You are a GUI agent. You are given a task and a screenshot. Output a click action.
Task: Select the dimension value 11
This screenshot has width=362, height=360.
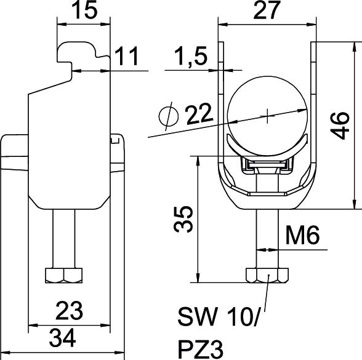tap(127, 56)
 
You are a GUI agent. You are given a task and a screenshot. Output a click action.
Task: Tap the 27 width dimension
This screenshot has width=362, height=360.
tap(267, 10)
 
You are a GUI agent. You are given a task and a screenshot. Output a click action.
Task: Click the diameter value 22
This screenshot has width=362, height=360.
tap(199, 114)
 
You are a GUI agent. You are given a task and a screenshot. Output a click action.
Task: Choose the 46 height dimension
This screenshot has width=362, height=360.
tap(340, 126)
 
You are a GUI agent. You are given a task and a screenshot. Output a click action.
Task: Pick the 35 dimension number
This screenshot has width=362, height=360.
tap(183, 219)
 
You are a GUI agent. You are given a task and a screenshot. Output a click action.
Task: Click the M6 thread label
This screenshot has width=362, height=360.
tap(303, 235)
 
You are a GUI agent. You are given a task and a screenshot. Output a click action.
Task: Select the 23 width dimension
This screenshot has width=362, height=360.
tap(69, 311)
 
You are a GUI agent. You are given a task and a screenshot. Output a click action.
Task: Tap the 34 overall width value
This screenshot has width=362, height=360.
tap(63, 338)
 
